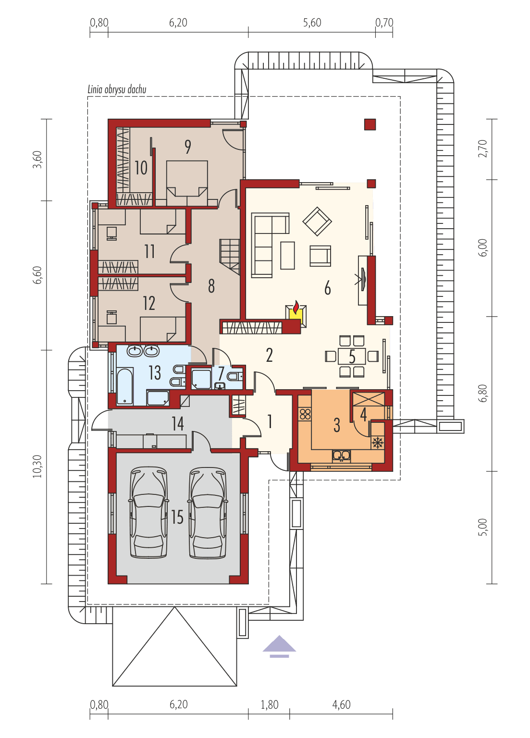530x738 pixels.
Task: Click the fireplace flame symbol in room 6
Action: (296, 307)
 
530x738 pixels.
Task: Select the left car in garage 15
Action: (149, 512)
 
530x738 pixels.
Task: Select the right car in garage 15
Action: (208, 512)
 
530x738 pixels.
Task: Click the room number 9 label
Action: (188, 147)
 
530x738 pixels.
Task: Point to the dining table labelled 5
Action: (352, 357)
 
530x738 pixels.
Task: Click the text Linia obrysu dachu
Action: (117, 89)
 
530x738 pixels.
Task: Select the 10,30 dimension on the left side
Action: (38, 466)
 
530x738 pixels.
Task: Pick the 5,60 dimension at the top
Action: (312, 23)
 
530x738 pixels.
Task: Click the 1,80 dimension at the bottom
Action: (269, 705)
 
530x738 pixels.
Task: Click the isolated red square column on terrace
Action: (370, 124)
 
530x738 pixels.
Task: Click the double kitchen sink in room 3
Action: (341, 455)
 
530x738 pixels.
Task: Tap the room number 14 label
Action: (178, 423)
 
